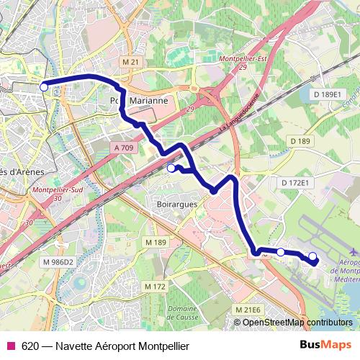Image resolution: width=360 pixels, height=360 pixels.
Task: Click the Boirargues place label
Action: pyautogui.click(x=176, y=204)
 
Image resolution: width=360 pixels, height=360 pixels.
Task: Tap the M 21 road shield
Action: pyautogui.click(x=130, y=63)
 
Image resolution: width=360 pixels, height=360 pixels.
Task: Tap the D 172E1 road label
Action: pyautogui.click(x=294, y=183)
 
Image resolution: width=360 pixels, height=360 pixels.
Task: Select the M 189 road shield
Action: pyautogui.click(x=155, y=243)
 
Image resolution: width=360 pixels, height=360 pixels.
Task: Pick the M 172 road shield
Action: pyautogui.click(x=155, y=287)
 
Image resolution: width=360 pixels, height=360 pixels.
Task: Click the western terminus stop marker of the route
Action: pyautogui.click(x=44, y=87)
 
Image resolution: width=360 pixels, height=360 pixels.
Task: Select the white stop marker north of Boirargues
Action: pyautogui.click(x=171, y=168)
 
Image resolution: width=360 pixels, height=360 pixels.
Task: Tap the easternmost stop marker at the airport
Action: pyautogui.click(x=312, y=256)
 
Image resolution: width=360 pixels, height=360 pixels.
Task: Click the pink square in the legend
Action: pyautogui.click(x=10, y=346)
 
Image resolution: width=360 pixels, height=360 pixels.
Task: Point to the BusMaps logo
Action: pyautogui.click(x=326, y=346)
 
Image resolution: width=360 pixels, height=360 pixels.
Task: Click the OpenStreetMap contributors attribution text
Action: pyautogui.click(x=297, y=323)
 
